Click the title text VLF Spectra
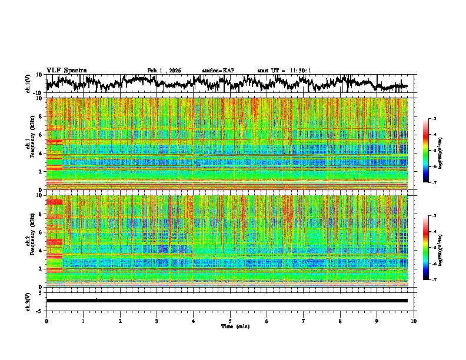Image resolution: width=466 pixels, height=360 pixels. [x=66, y=70]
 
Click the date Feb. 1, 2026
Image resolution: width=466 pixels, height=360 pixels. [x=164, y=71]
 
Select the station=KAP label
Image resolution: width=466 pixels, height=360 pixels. [x=218, y=71]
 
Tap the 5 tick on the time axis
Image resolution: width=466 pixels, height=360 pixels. [x=230, y=321]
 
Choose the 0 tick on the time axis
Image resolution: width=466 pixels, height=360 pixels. [x=46, y=321]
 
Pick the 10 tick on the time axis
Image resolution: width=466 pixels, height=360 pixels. [x=414, y=321]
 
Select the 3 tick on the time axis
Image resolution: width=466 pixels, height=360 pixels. [x=157, y=321]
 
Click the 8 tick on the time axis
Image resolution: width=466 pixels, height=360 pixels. [x=340, y=321]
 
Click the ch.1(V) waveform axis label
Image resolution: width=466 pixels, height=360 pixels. [x=29, y=84]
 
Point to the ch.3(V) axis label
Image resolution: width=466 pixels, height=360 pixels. [x=29, y=300]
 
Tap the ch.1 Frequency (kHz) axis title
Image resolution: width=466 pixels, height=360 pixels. [x=29, y=144]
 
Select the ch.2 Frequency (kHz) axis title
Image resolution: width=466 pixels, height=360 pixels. [x=29, y=240]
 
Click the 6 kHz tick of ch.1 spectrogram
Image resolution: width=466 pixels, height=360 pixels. [x=42, y=135]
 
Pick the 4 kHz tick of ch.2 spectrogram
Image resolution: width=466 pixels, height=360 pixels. [x=42, y=250]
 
